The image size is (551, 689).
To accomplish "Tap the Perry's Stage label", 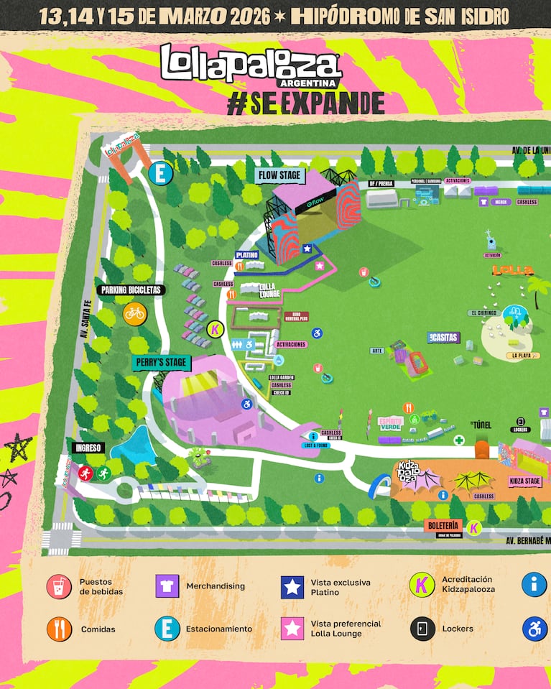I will [x=160, y=362].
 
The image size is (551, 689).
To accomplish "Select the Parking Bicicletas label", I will [x=131, y=290].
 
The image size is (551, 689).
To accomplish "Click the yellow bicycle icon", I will [x=134, y=313].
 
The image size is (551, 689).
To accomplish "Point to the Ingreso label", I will [x=89, y=448].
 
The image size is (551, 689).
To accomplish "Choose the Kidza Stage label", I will [x=524, y=481].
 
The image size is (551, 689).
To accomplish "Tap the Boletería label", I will [x=443, y=526].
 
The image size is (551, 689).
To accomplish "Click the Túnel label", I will [x=481, y=425].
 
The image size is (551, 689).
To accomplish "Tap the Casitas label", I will [x=443, y=338].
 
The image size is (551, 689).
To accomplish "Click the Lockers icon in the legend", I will [x=422, y=629].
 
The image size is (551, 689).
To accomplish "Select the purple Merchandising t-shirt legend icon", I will [x=167, y=586].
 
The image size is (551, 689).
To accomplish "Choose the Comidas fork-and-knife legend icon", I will [x=59, y=629].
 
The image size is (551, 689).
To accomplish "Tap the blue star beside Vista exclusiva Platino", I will [x=292, y=586].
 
